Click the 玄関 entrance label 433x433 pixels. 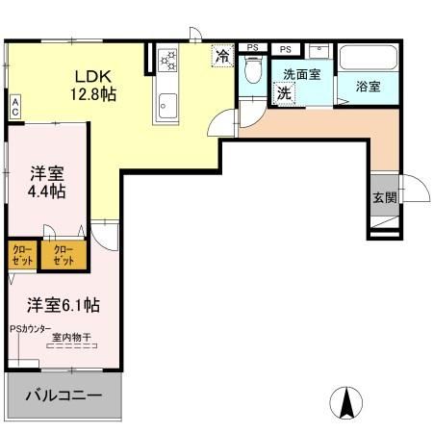coord(384,197)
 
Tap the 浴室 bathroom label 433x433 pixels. coord(368,87)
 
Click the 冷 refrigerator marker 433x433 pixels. coord(222,57)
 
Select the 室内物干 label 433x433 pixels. coord(71,337)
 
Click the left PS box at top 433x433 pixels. coord(252,46)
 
